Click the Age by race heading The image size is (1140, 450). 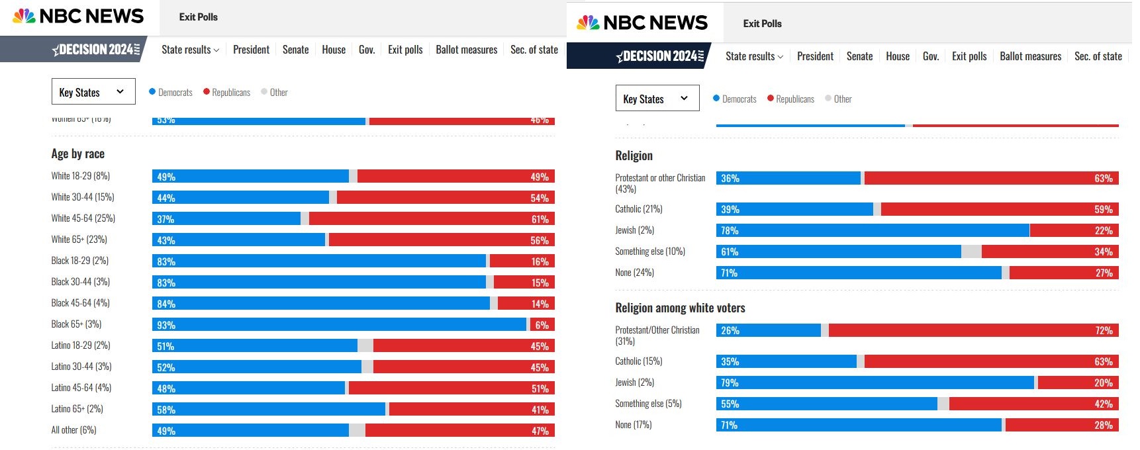pos(78,154)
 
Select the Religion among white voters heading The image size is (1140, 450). pos(680,308)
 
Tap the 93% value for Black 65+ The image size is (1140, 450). pos(166,325)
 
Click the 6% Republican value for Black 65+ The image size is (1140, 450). pos(542,325)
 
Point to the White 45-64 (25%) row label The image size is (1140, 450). pos(83,218)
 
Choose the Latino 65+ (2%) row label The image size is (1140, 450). pos(77,409)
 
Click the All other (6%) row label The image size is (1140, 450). pos(74,430)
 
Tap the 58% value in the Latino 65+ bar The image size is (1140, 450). pos(166,410)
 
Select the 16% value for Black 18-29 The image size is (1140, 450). pos(540,261)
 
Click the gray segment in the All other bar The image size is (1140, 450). pos(357,431)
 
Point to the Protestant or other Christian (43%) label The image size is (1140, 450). pos(660,183)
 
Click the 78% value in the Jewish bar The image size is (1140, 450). pos(730,230)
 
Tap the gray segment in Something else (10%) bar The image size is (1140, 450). pos(971,251)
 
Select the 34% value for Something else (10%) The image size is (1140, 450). pos(1103,251)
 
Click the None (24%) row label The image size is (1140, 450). pos(634,273)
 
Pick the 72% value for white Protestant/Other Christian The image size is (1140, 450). pos(1103,330)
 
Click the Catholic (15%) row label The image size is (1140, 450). pos(639,361)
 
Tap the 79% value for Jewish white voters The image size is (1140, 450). pos(730,382)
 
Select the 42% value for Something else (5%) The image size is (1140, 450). pos(1103,404)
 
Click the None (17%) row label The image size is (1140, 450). pos(634,425)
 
